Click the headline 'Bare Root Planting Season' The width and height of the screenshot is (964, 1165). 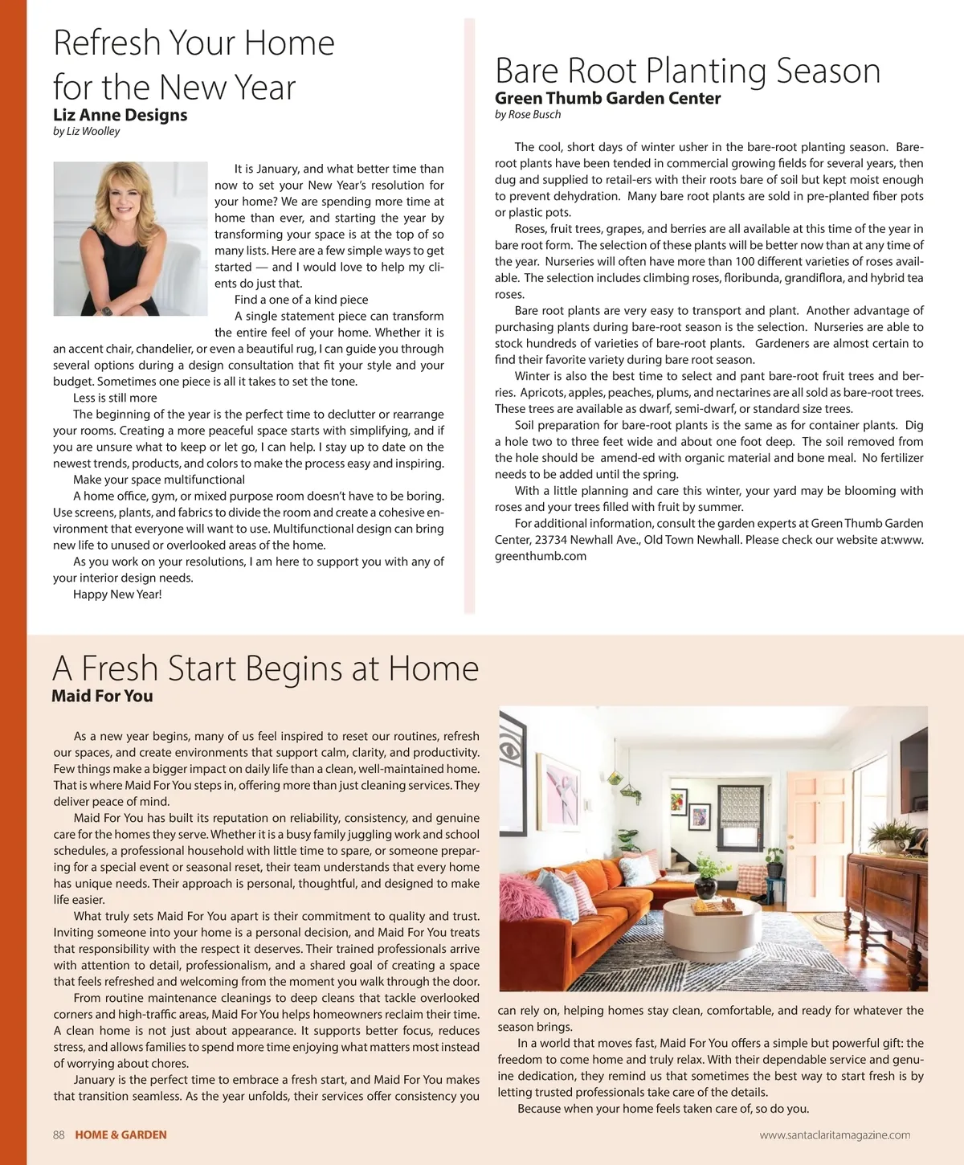(x=688, y=71)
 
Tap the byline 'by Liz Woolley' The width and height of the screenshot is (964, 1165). (x=86, y=131)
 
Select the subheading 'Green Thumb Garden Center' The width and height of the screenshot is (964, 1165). (x=607, y=98)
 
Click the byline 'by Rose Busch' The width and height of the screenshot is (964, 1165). (x=528, y=114)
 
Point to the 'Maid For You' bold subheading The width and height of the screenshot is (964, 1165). (x=102, y=696)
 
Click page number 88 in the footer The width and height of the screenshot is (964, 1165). (x=59, y=1134)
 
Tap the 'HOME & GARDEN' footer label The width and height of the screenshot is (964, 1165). (x=120, y=1134)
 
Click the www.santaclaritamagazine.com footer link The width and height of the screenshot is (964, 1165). (x=835, y=1134)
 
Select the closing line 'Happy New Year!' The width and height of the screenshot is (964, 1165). (x=117, y=595)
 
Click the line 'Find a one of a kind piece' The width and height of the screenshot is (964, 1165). (x=301, y=300)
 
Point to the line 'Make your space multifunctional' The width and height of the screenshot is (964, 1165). (x=159, y=480)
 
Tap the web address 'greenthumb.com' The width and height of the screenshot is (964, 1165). (x=541, y=556)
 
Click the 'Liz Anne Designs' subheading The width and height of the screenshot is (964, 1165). (x=120, y=115)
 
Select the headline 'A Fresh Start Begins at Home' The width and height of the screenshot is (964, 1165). (x=265, y=668)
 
